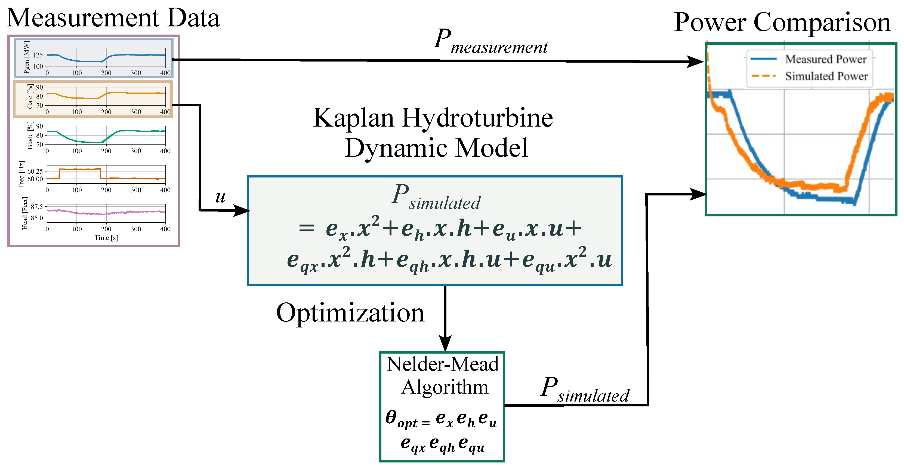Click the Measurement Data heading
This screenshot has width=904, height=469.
(113, 18)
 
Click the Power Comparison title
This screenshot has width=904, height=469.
(782, 23)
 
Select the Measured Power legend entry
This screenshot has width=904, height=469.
(825, 59)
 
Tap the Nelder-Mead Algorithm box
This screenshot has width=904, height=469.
(442, 406)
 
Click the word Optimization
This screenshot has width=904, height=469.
(350, 312)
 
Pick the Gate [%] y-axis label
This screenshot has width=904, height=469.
(30, 96)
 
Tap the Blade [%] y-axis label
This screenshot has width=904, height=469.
(30, 135)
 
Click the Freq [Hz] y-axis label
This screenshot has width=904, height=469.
(22, 174)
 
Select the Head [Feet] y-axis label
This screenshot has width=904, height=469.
(24, 213)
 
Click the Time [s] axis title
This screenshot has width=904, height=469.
(106, 238)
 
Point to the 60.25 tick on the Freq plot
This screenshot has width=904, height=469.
(35, 171)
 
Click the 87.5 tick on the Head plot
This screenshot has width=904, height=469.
(37, 207)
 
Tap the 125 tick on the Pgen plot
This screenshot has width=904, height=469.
(38, 55)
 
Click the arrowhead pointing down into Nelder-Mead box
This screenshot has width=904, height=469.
(445, 343)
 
